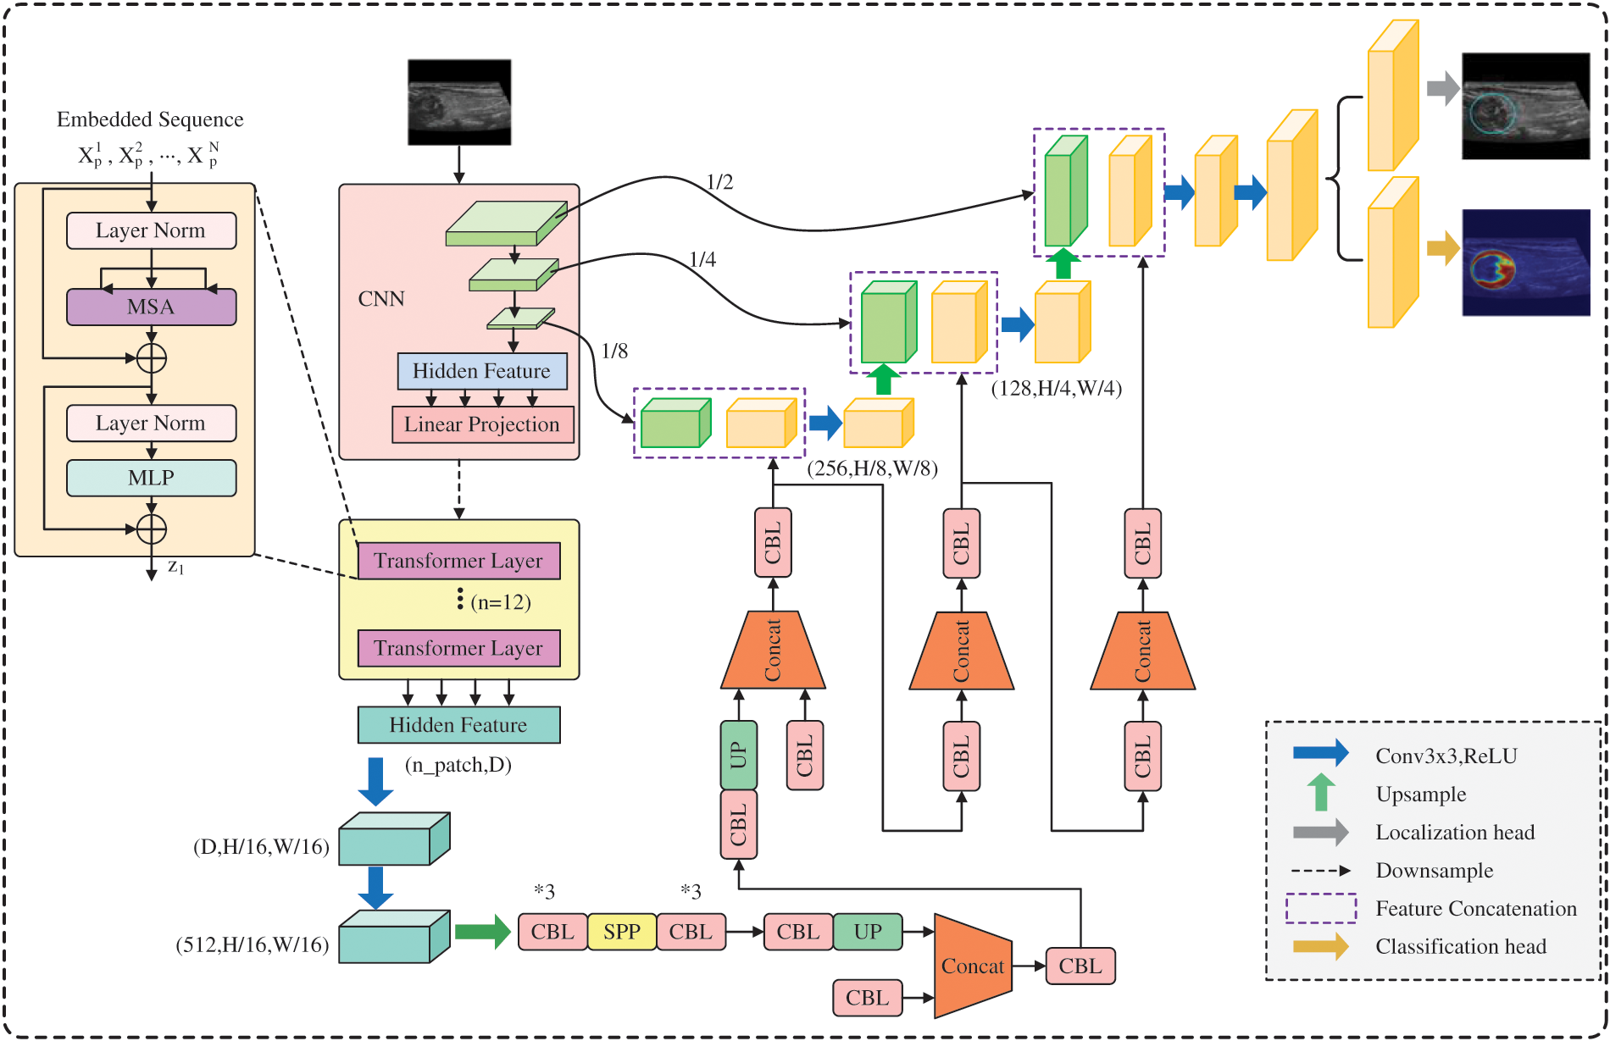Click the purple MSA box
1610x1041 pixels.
click(x=151, y=307)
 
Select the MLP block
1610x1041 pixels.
click(x=151, y=478)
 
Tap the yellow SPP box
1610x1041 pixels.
click(x=621, y=932)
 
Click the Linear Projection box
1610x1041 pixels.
click(x=482, y=424)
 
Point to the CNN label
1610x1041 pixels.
click(x=381, y=299)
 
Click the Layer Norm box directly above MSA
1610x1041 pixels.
click(x=151, y=230)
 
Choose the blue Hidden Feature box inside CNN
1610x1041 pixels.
click(x=481, y=371)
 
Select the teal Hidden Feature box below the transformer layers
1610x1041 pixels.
click(x=458, y=725)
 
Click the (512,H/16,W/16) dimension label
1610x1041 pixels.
click(x=253, y=944)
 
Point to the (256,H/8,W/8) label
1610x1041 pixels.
click(x=872, y=468)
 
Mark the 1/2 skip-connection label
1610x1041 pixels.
click(x=719, y=182)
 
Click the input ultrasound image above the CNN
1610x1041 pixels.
click(x=459, y=102)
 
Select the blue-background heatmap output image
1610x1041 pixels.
click(x=1525, y=263)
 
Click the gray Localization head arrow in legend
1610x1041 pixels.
click(x=1319, y=832)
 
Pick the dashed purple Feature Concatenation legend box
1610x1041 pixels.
click(x=1320, y=908)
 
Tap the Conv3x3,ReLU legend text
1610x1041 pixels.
click(x=1446, y=756)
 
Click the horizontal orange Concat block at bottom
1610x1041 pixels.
click(x=972, y=966)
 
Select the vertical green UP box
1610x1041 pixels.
click(x=738, y=754)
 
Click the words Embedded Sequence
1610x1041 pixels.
click(x=150, y=119)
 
